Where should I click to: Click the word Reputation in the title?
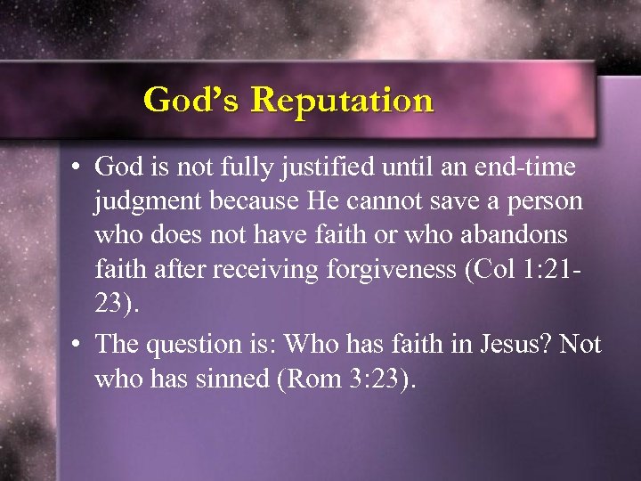coord(343,100)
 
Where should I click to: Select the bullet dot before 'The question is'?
coord(78,344)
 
